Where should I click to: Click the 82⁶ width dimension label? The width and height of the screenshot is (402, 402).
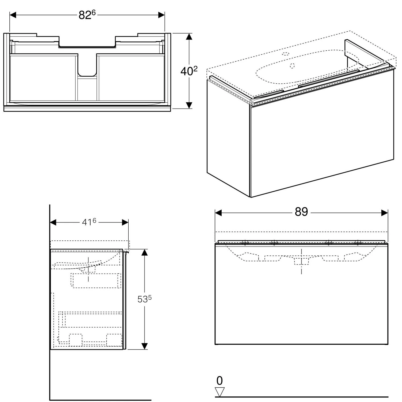pyautogui.click(x=87, y=15)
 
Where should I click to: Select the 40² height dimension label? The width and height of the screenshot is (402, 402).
pyautogui.click(x=189, y=71)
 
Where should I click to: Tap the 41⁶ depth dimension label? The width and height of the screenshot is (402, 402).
pyautogui.click(x=89, y=222)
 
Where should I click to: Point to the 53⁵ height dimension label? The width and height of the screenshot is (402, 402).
pyautogui.click(x=145, y=299)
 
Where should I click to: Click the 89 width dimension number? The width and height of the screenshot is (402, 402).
pyautogui.click(x=301, y=212)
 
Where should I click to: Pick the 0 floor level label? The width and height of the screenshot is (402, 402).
pyautogui.click(x=219, y=381)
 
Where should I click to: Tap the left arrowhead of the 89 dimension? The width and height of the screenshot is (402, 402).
pyautogui.click(x=218, y=213)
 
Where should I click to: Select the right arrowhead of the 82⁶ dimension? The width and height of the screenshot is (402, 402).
pyautogui.click(x=161, y=15)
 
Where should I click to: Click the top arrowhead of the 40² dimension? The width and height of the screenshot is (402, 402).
pyautogui.click(x=189, y=37)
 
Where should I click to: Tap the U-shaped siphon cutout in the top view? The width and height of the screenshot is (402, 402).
pyautogui.click(x=87, y=64)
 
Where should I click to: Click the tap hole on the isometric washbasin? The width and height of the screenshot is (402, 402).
pyautogui.click(x=286, y=53)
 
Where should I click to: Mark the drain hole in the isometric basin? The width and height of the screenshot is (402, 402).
pyautogui.click(x=292, y=65)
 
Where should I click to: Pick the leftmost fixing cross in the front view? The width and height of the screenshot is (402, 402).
pyautogui.click(x=245, y=243)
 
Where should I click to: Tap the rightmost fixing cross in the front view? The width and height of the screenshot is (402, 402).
pyautogui.click(x=358, y=243)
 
